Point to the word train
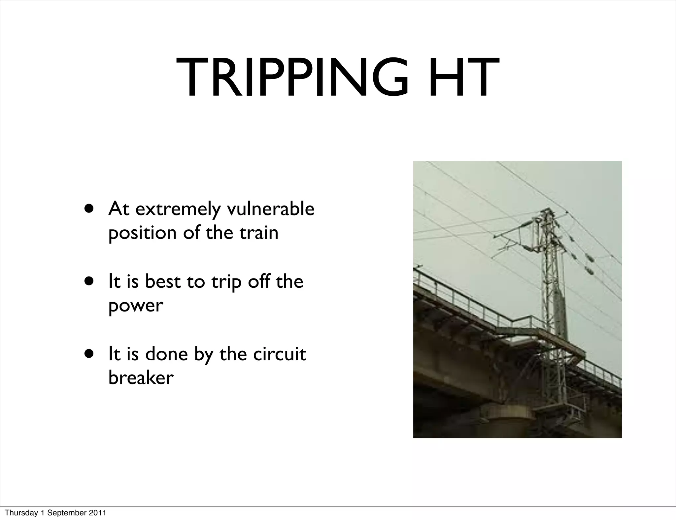tap(259, 233)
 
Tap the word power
tap(136, 306)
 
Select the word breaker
tap(141, 377)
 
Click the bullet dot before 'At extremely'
tap(88, 209)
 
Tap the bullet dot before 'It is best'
tap(88, 281)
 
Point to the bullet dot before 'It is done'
tap(88, 354)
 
